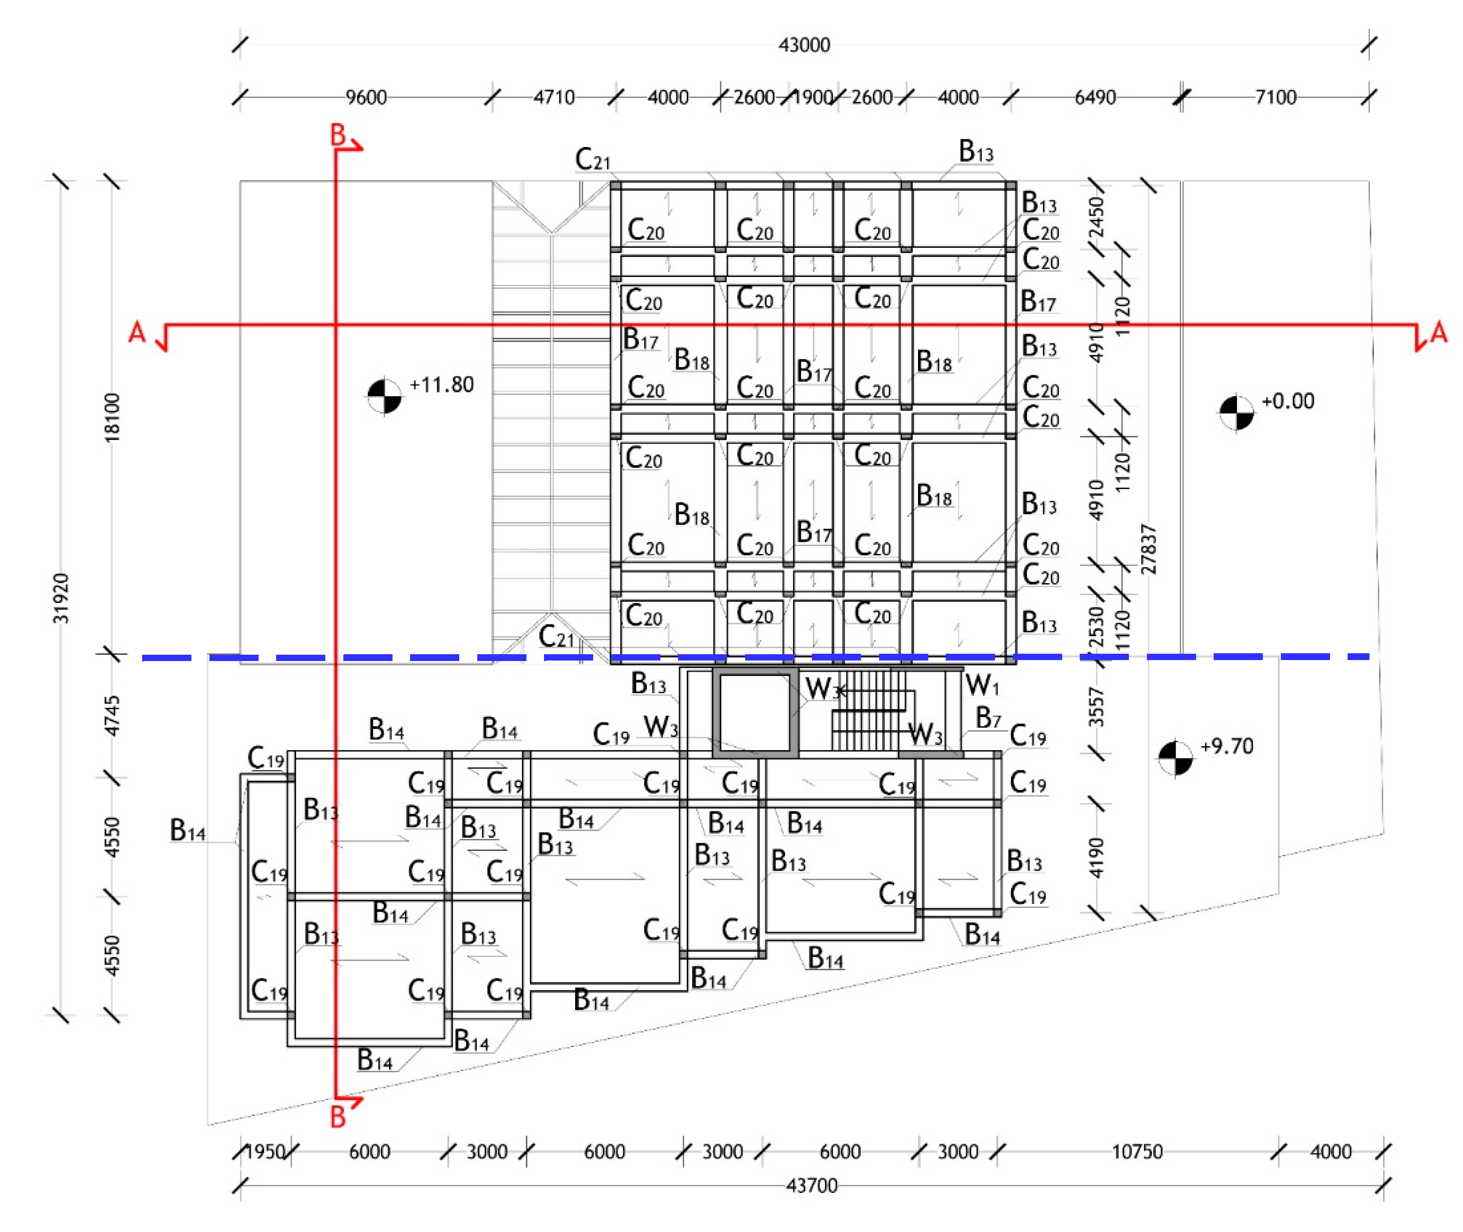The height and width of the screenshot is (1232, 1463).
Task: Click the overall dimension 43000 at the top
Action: [804, 45]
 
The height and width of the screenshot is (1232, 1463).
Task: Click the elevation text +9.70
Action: [1226, 747]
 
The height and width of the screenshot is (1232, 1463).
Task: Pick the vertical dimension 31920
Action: [61, 598]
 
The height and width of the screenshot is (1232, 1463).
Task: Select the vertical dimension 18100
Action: [112, 418]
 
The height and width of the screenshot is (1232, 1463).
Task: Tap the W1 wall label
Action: [982, 686]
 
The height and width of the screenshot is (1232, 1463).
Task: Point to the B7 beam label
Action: [988, 717]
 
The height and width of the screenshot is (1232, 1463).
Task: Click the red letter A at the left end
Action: [137, 332]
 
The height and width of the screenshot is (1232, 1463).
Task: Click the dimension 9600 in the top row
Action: [366, 97]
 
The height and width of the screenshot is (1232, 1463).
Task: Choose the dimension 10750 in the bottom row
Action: [1137, 1152]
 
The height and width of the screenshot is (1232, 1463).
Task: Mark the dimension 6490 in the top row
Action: [1094, 97]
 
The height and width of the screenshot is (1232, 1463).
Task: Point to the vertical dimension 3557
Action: [1096, 707]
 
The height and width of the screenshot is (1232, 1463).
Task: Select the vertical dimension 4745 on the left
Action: [112, 716]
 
